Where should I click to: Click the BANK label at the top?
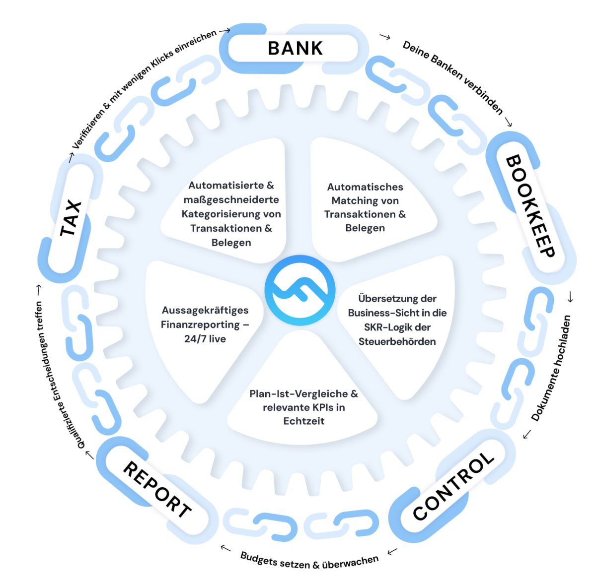click(x=295, y=48)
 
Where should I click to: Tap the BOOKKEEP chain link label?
click(x=529, y=206)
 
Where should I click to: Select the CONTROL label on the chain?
click(x=453, y=487)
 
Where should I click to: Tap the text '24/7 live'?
click(x=205, y=339)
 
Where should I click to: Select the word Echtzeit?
click(x=303, y=421)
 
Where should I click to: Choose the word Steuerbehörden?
click(x=397, y=341)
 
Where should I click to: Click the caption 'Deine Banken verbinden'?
click(x=452, y=77)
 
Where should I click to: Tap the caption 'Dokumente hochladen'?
click(x=552, y=368)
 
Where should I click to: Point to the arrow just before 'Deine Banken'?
click(x=384, y=36)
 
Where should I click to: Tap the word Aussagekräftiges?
click(x=205, y=310)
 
